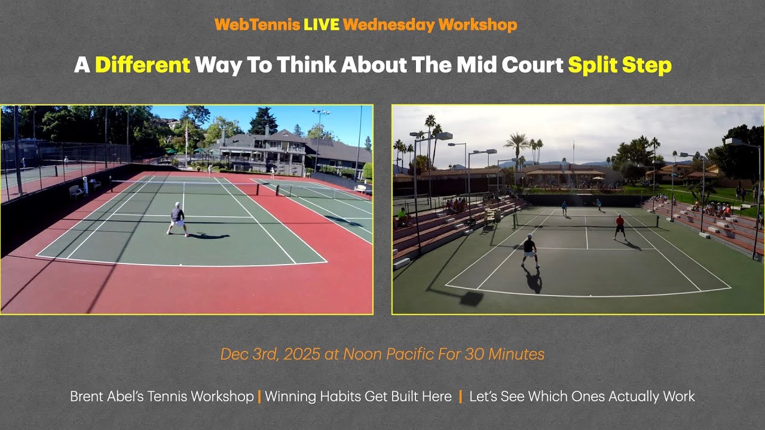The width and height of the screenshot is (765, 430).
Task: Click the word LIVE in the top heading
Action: click(x=321, y=24)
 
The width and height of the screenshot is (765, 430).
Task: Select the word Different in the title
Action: click(x=142, y=64)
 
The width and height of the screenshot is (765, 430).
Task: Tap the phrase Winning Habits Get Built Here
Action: click(x=358, y=397)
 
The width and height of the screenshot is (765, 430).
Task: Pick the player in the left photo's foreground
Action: click(x=178, y=219)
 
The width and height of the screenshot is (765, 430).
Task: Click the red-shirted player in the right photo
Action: click(x=620, y=227)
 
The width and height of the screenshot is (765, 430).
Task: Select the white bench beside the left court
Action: click(x=76, y=192)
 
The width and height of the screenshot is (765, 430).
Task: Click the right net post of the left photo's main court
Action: click(x=259, y=189)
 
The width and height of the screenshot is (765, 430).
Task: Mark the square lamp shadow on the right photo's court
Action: click(x=470, y=298)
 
